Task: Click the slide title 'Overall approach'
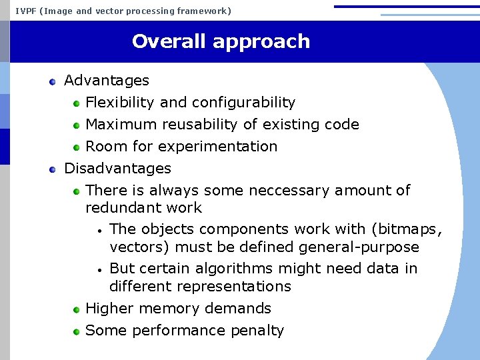click(221, 41)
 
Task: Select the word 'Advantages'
click(107, 81)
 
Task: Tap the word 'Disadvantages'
click(117, 169)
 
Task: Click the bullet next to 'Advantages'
click(53, 81)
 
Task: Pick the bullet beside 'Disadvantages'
click(53, 169)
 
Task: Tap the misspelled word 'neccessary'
click(289, 191)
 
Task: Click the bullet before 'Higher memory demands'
click(77, 309)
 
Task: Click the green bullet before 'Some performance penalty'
click(77, 331)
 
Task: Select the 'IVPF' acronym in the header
click(25, 11)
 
